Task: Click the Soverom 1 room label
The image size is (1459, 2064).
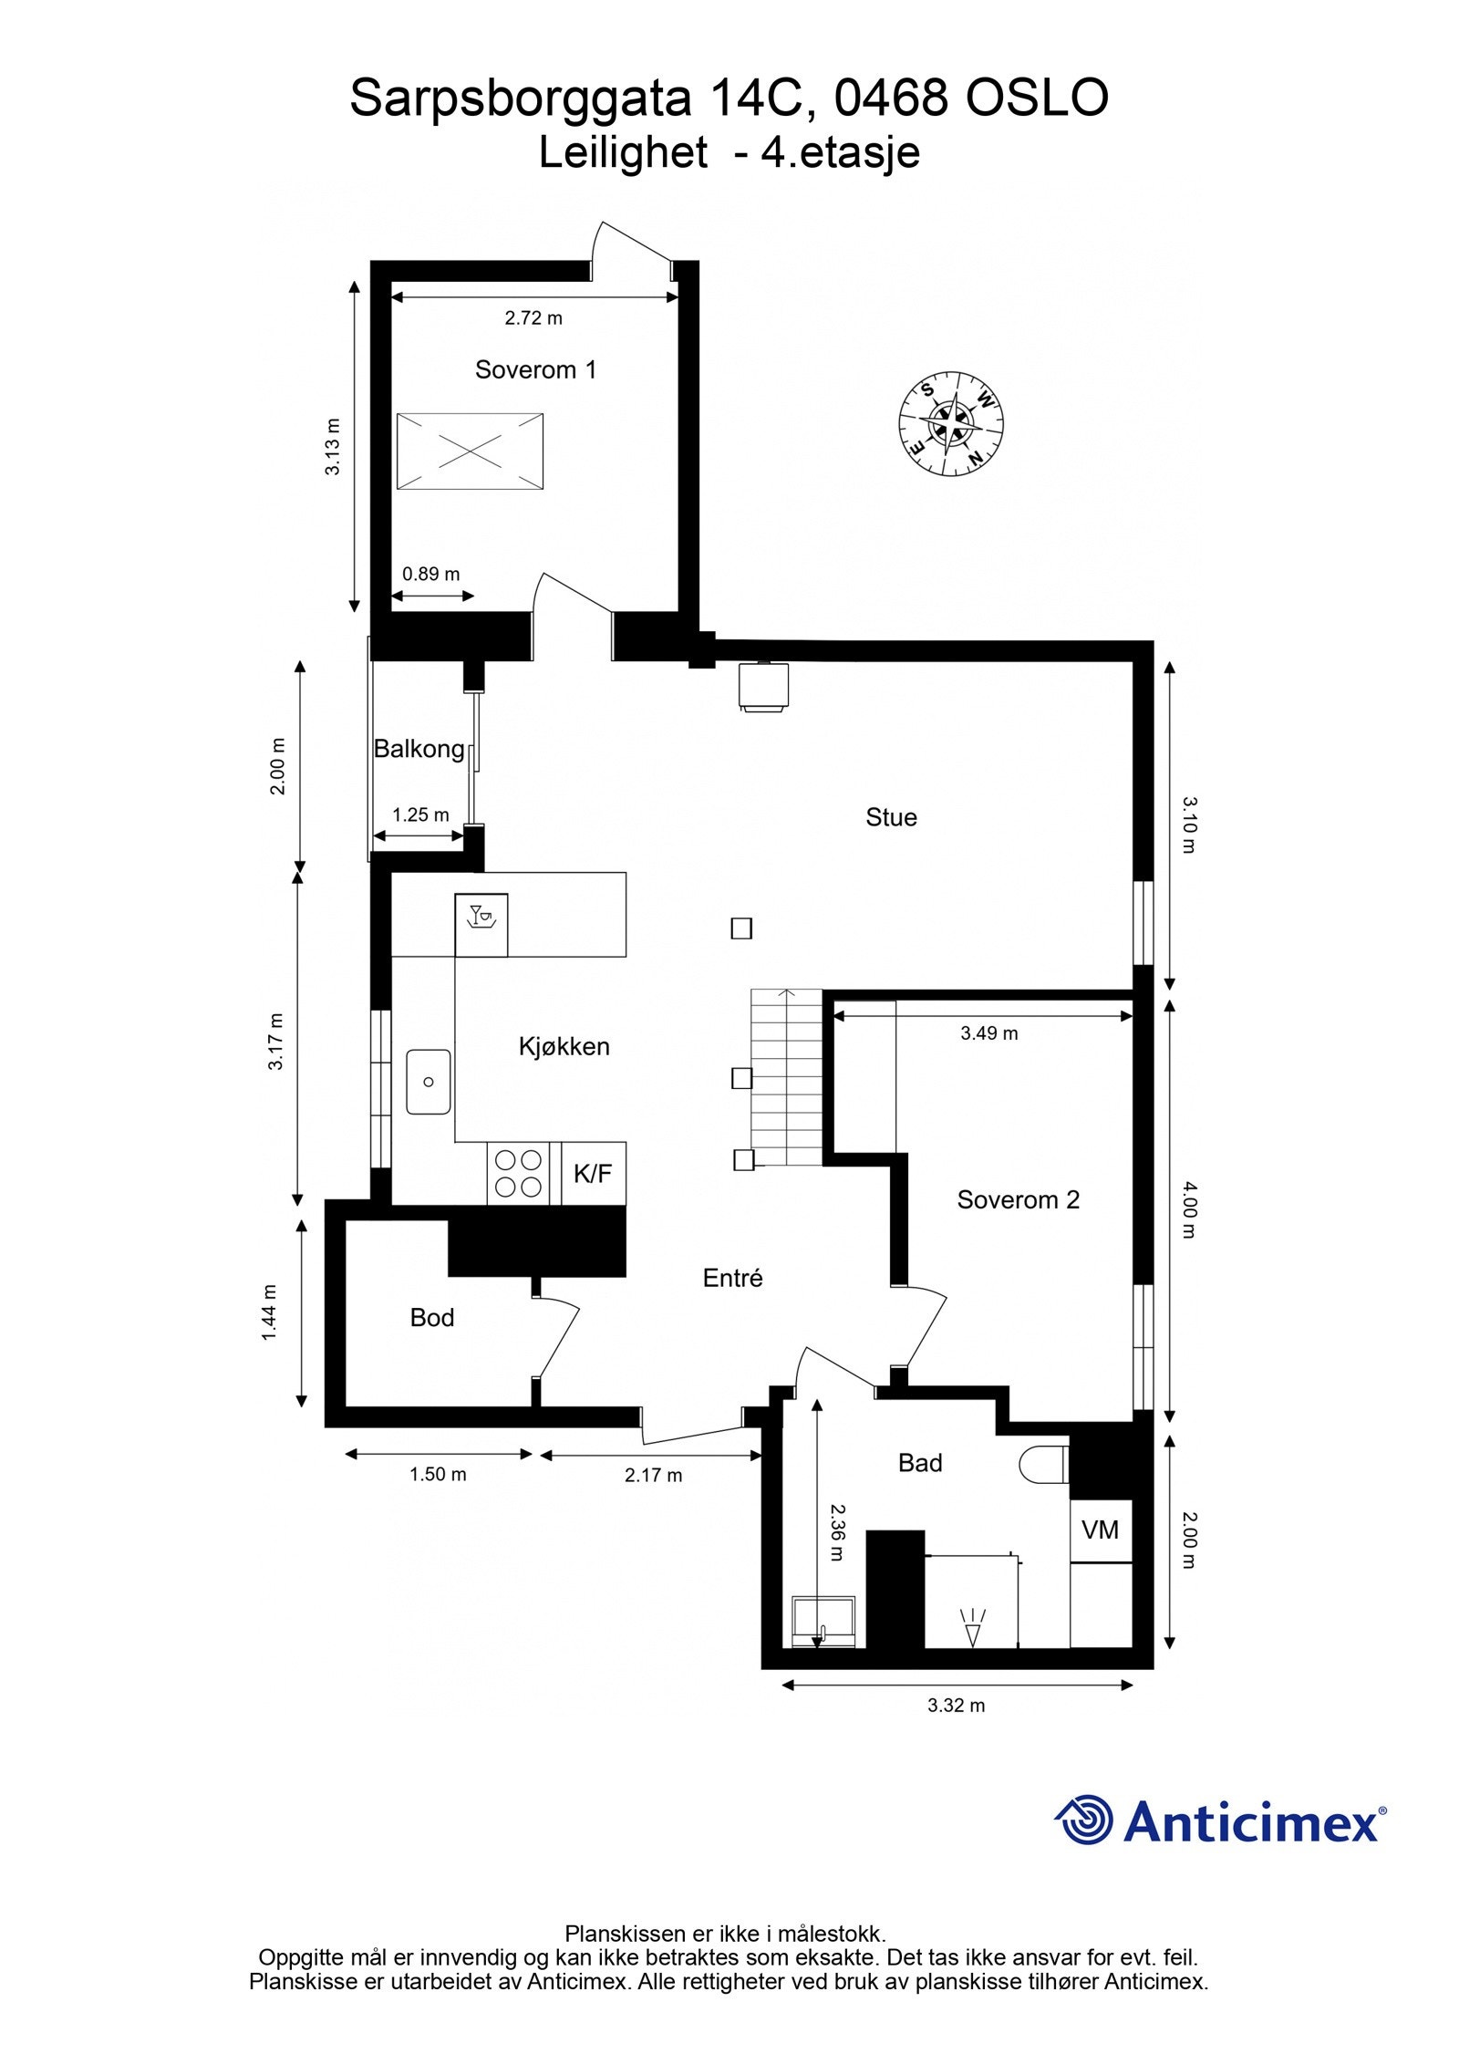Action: pyautogui.click(x=535, y=369)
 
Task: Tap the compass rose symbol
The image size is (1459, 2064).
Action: pyautogui.click(x=951, y=424)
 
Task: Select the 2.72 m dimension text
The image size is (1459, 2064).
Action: pyautogui.click(x=533, y=318)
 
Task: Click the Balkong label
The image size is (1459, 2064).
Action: pyautogui.click(x=419, y=749)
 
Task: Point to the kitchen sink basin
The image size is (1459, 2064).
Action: pyautogui.click(x=429, y=1082)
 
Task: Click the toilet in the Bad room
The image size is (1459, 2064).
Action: pyautogui.click(x=1042, y=1465)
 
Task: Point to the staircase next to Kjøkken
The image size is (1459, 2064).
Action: pyautogui.click(x=786, y=1077)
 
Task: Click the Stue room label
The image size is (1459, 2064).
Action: pyautogui.click(x=891, y=817)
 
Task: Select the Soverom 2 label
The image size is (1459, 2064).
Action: pyautogui.click(x=1018, y=1200)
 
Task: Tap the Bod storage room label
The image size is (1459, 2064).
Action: pyautogui.click(x=431, y=1318)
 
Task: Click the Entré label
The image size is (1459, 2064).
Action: pyautogui.click(x=732, y=1279)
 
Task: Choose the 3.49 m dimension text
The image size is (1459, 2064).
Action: pyautogui.click(x=988, y=1033)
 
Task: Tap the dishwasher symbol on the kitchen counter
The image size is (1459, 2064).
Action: pyautogui.click(x=481, y=925)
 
